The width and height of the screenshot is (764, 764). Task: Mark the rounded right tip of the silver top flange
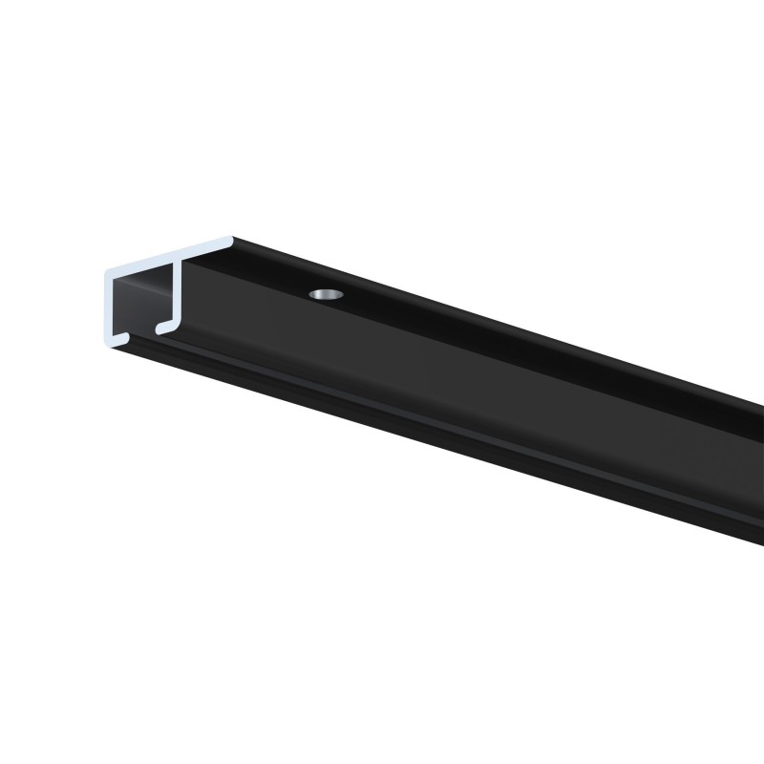click(230, 240)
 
